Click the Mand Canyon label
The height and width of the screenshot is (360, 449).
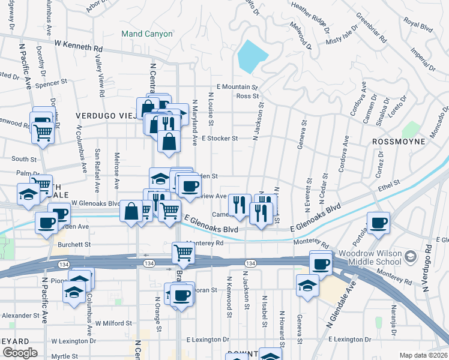point(146,34)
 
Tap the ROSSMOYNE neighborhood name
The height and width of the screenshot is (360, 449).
point(399,142)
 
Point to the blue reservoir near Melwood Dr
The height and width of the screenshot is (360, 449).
point(252,56)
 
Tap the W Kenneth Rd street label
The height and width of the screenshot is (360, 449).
point(79,44)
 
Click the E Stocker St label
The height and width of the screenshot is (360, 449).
point(220,138)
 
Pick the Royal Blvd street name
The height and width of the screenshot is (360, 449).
point(418,26)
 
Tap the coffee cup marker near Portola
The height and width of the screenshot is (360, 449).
point(378,223)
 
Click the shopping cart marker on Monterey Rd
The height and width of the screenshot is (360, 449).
point(182,253)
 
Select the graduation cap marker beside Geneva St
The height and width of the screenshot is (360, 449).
point(307,285)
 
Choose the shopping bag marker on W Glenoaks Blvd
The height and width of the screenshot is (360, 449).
point(131,211)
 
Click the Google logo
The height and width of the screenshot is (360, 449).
point(20,352)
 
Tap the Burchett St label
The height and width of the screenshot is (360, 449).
point(75,245)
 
